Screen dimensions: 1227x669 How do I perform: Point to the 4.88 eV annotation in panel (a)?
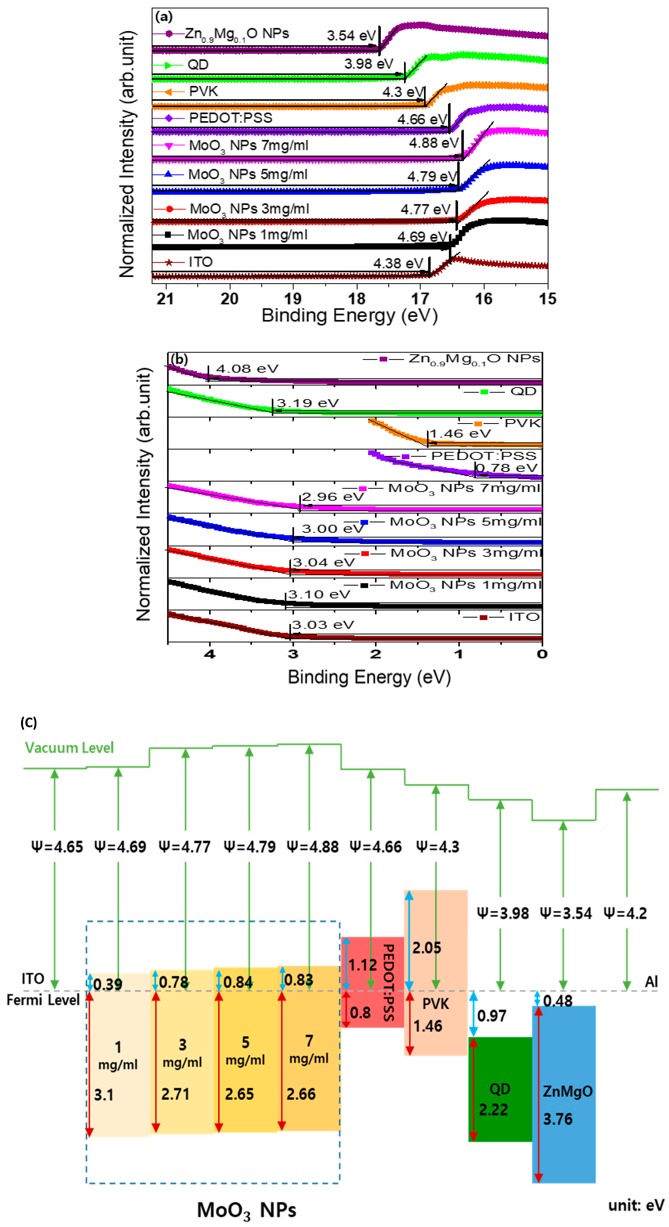433,143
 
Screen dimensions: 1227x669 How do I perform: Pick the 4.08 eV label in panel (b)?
247,369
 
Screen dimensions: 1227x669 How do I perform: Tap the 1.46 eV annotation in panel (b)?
460,434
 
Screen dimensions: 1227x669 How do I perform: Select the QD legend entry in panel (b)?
523,392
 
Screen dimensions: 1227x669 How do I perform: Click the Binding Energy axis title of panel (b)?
369,677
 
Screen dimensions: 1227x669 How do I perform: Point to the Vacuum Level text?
70,748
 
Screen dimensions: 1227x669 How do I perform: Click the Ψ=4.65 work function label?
57,847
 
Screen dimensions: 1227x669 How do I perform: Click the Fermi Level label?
43,1000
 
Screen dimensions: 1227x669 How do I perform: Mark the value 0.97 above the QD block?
491,1016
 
